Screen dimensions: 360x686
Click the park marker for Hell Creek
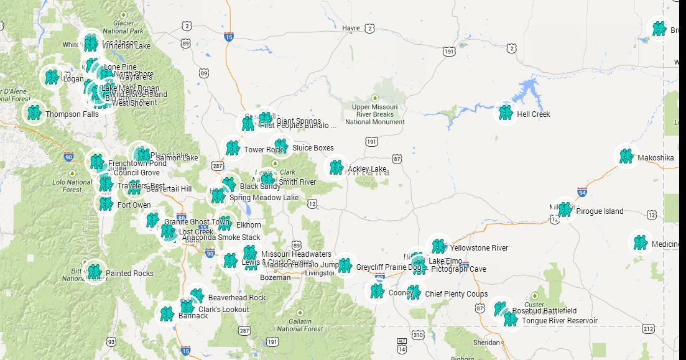tap(506, 113)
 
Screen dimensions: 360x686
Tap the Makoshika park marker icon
tap(626, 156)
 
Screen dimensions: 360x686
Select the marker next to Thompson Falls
tap(34, 113)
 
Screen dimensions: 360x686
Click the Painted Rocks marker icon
tap(95, 272)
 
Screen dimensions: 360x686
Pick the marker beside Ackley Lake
tap(336, 167)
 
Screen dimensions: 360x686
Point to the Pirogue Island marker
tap(565, 210)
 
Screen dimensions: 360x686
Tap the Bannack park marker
tap(167, 314)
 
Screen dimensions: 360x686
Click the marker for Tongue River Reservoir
tap(511, 320)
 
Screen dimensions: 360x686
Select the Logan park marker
tap(52, 77)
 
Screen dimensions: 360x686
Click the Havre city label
tap(351, 28)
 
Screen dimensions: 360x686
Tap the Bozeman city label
tap(275, 277)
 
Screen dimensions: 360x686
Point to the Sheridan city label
tap(486, 343)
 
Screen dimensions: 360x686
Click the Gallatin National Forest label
tap(300, 325)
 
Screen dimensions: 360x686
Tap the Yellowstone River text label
tap(479, 248)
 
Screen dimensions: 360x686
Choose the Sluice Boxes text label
tap(313, 148)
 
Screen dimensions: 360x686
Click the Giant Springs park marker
tap(266, 119)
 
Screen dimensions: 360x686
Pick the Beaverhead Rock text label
tap(237, 298)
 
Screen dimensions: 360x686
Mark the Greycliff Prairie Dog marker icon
tap(345, 265)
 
